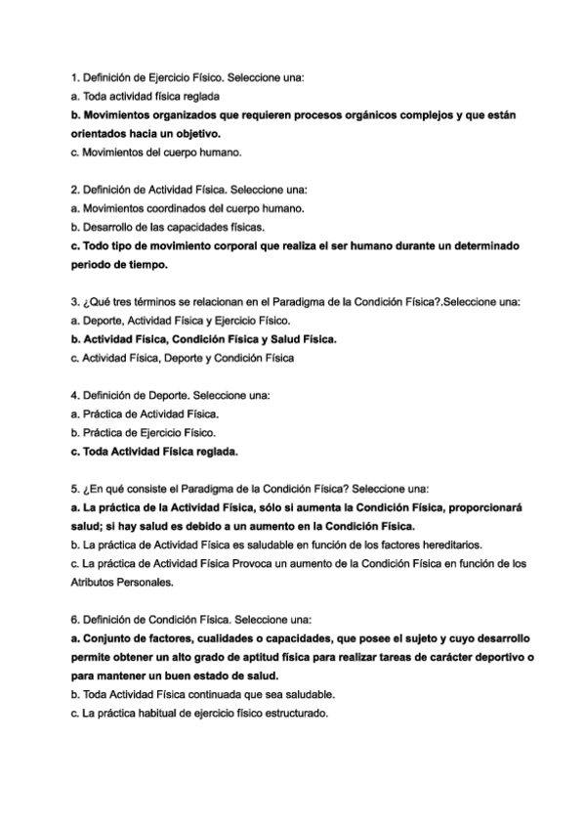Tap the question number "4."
click(x=76, y=396)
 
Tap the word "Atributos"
click(x=95, y=582)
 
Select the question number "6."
click(x=76, y=620)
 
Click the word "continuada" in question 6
click(x=203, y=694)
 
